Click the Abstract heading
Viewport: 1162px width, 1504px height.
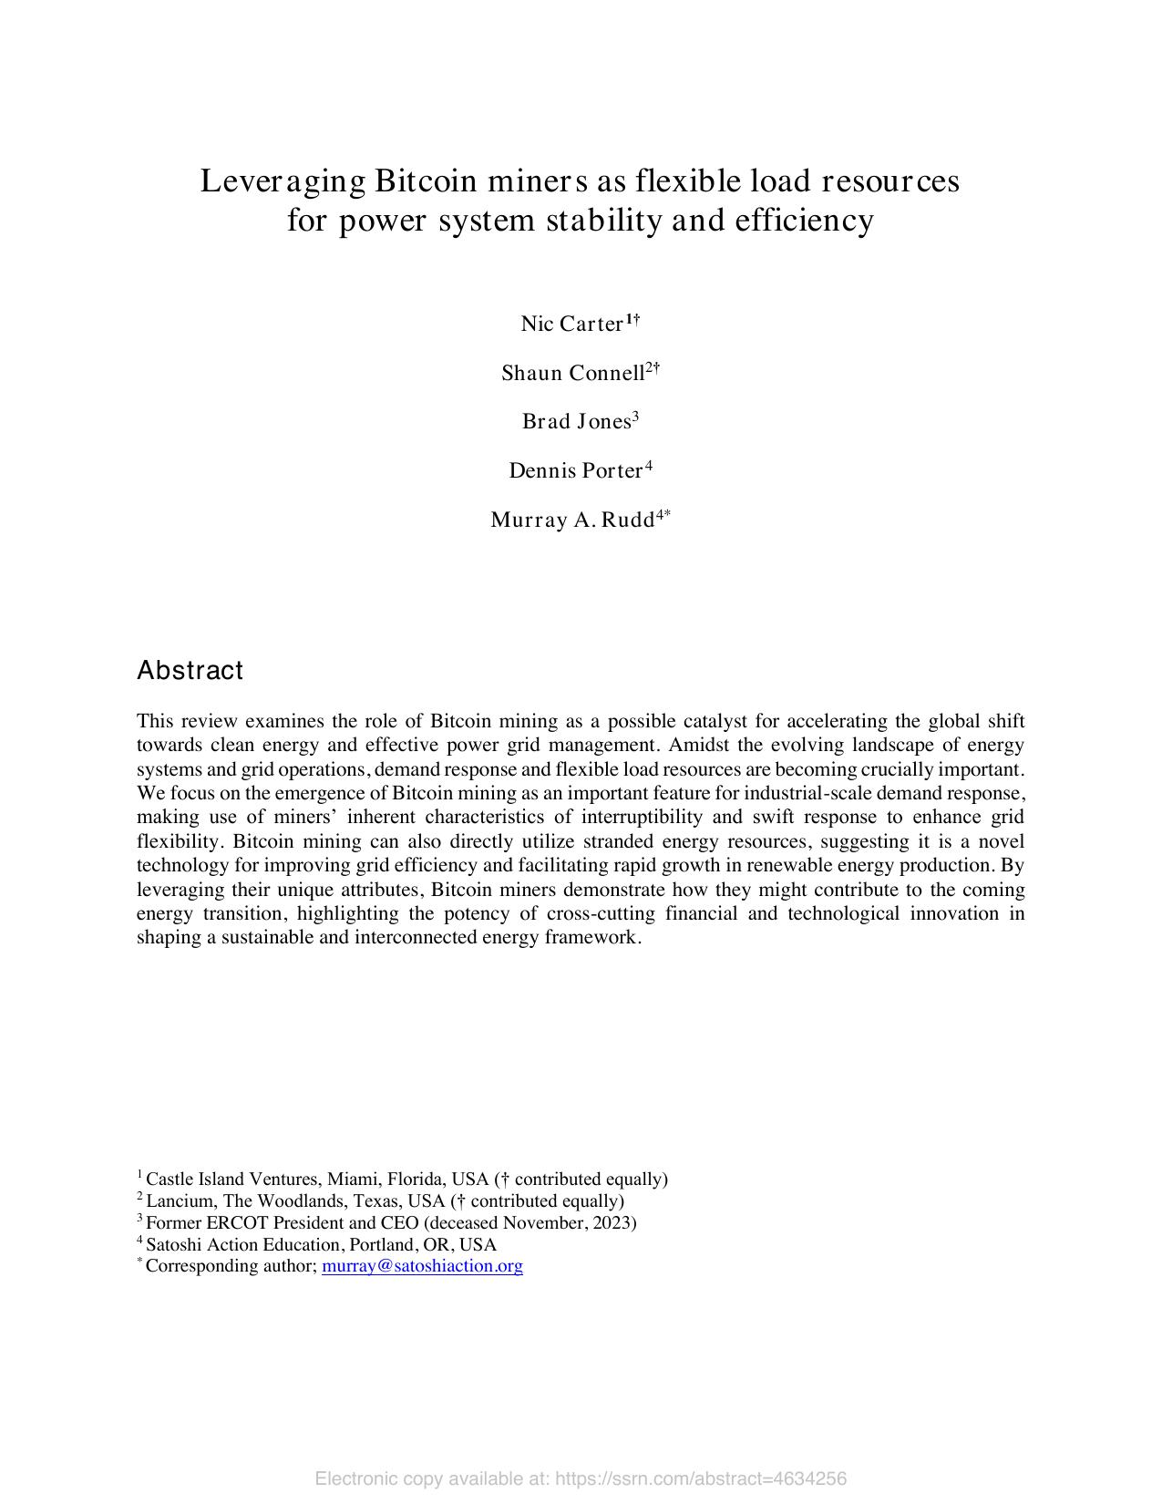[x=190, y=671]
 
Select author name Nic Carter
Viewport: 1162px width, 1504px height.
[x=571, y=324]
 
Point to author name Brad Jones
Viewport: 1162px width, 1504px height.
[x=576, y=421]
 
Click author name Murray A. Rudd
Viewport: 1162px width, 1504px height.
[x=571, y=520]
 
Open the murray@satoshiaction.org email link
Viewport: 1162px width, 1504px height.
[x=422, y=1266]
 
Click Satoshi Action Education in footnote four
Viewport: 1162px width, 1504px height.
[x=242, y=1244]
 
